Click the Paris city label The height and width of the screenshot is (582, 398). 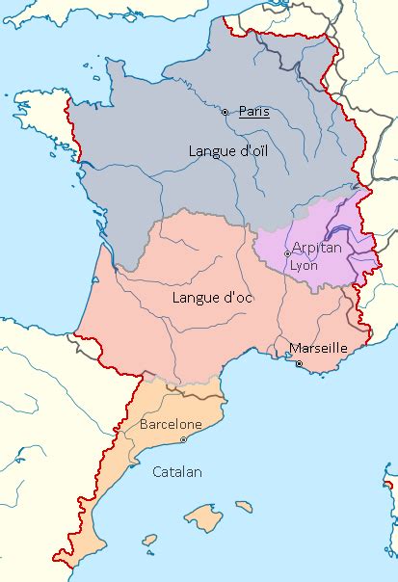pyautogui.click(x=254, y=112)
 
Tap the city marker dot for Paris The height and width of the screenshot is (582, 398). pyautogui.click(x=226, y=113)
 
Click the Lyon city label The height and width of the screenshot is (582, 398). pyautogui.click(x=304, y=264)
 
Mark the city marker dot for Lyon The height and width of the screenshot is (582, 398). pyautogui.click(x=286, y=253)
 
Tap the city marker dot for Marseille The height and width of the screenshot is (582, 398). pyautogui.click(x=299, y=363)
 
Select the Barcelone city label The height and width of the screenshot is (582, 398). pyautogui.click(x=171, y=424)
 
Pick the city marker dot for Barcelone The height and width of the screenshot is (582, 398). pyautogui.click(x=183, y=439)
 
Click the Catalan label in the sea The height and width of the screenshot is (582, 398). pyautogui.click(x=177, y=472)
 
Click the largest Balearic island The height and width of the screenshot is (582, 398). pyautogui.click(x=203, y=515)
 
